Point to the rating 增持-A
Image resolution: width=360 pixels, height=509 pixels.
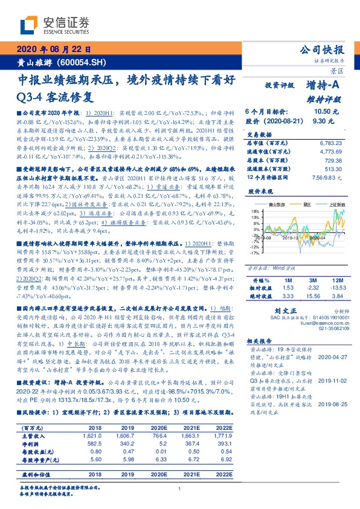(326, 86)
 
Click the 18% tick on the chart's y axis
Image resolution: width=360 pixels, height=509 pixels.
(254, 211)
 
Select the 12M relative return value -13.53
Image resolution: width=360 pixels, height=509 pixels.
(336, 290)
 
